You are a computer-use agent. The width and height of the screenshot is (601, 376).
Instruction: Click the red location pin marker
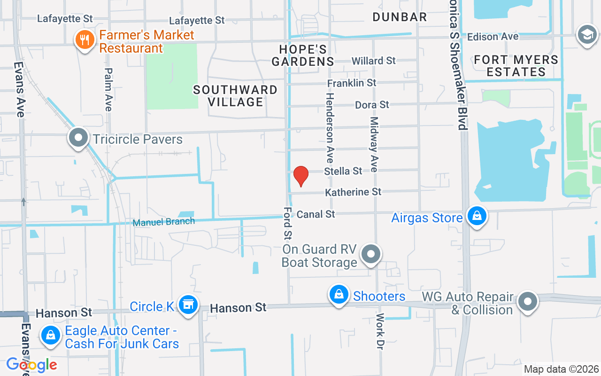(300, 176)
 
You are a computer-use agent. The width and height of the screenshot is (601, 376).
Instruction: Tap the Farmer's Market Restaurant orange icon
(85, 40)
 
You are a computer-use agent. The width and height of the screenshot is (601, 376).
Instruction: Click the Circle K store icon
(188, 305)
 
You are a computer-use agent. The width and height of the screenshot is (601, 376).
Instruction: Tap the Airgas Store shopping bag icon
(477, 217)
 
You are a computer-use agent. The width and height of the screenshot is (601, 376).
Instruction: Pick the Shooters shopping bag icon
(339, 295)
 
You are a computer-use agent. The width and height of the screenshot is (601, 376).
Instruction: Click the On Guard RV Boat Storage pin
(371, 254)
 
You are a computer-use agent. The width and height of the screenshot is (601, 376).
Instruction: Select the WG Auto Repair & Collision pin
(528, 301)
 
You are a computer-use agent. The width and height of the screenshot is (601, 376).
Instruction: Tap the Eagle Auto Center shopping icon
(50, 336)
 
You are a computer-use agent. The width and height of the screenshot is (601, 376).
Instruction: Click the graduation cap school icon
(586, 35)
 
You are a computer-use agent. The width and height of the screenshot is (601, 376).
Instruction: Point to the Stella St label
(343, 171)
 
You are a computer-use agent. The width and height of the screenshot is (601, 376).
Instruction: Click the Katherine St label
(353, 192)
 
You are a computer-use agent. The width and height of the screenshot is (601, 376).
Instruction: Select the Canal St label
(316, 214)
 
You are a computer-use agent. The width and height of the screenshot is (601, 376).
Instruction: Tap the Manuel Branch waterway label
(163, 222)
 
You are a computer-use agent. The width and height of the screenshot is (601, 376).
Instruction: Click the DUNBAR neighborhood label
(400, 17)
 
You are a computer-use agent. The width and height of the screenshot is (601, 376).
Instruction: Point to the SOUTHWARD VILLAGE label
(235, 95)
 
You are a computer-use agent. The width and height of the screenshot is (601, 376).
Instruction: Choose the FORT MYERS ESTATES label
(516, 66)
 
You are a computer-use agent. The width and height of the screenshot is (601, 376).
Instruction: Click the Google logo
(31, 364)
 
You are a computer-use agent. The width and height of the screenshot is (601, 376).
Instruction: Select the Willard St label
(374, 61)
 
